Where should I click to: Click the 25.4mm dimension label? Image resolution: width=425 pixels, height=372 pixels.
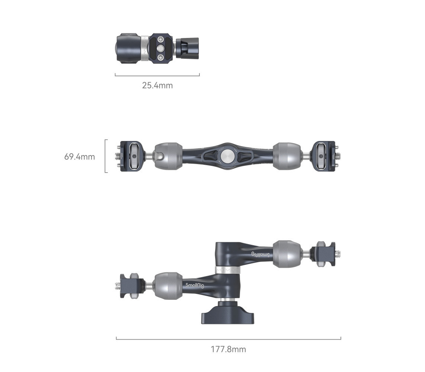(157, 86)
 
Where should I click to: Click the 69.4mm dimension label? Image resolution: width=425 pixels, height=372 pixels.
(80, 157)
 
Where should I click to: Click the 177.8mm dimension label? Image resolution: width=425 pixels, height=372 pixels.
(229, 349)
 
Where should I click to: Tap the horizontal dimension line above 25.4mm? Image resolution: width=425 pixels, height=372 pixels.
(157, 76)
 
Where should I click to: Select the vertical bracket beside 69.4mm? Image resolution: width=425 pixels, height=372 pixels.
(106, 156)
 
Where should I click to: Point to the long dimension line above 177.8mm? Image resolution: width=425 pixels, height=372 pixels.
(229, 339)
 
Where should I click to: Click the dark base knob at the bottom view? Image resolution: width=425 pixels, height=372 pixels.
(227, 314)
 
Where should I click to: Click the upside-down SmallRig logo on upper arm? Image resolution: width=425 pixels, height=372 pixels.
(261, 254)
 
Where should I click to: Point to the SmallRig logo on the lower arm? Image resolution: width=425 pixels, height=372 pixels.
(195, 285)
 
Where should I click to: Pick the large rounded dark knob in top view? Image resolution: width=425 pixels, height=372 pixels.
(128, 48)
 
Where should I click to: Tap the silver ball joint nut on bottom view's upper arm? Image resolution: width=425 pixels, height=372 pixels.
(287, 254)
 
